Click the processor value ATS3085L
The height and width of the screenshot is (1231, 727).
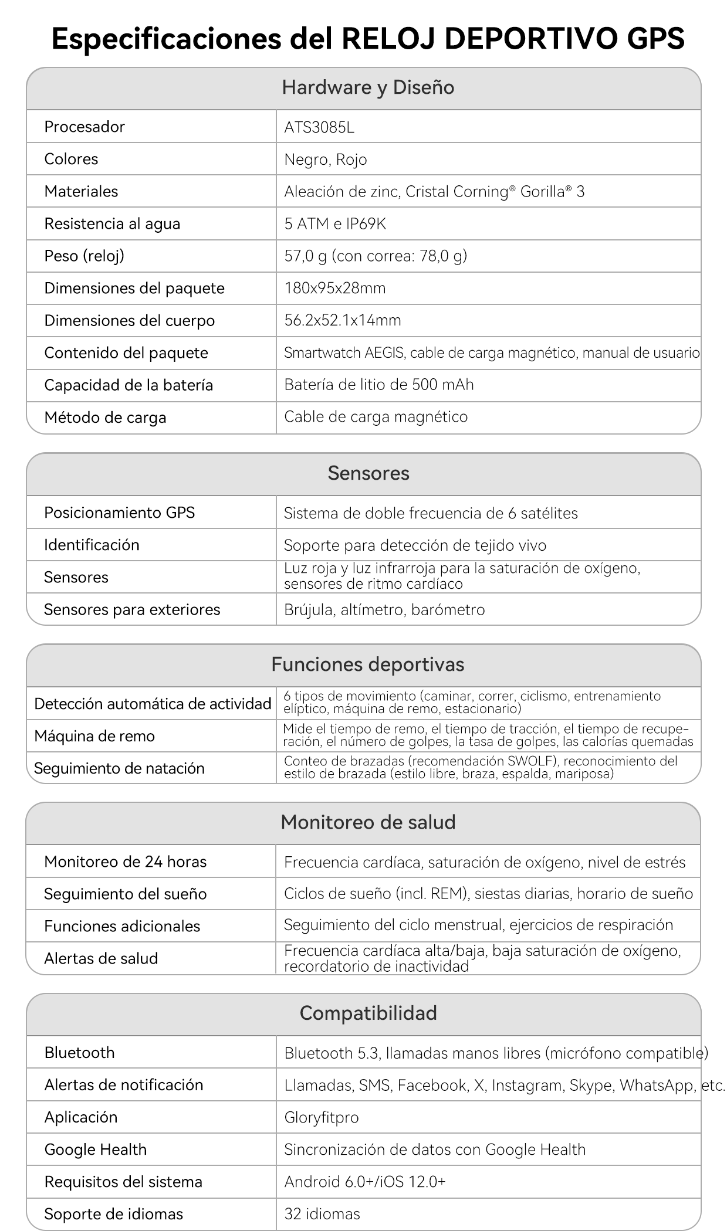point(319,127)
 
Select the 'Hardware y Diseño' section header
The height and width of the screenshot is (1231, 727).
point(368,87)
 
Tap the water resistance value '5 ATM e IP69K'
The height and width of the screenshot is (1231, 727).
point(335,224)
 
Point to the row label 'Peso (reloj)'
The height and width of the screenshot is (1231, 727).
point(84,256)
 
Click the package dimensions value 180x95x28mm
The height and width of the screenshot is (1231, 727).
point(335,288)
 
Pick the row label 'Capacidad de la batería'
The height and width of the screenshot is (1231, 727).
point(129,385)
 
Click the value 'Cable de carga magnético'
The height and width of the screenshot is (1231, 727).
point(376,417)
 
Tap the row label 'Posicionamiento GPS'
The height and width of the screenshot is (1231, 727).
point(119,513)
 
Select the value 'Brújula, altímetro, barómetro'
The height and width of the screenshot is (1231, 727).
point(384,610)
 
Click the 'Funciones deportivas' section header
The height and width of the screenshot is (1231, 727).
point(368,664)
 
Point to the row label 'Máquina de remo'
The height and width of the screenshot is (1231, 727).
point(94,736)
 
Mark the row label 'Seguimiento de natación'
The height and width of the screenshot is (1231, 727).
point(119,768)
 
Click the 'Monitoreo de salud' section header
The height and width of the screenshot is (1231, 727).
point(368,822)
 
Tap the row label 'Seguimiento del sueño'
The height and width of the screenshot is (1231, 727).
point(125,894)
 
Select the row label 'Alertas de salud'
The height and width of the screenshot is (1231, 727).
point(101,958)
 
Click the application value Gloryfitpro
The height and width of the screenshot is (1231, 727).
point(321,1117)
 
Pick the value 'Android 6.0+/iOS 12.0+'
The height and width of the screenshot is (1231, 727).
point(364,1182)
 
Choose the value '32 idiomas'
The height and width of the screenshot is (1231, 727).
point(322,1214)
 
